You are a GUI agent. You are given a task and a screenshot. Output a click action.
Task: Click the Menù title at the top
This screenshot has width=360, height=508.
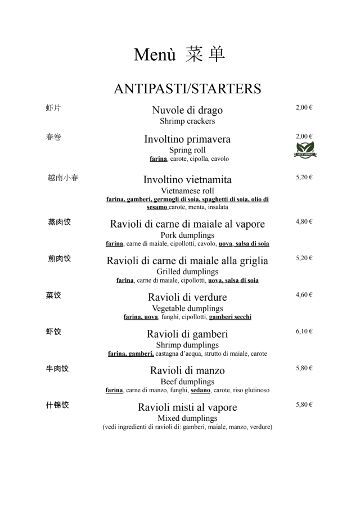179,55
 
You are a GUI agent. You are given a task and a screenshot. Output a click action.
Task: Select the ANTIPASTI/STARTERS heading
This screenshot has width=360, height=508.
187,89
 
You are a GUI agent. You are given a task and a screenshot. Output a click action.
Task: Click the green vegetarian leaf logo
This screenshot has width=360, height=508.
305,149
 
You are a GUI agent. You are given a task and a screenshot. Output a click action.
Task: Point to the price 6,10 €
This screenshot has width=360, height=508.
304,332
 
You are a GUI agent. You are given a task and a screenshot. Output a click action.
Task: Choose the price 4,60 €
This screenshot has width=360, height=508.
304,295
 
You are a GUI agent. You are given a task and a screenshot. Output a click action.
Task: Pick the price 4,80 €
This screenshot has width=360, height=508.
304,221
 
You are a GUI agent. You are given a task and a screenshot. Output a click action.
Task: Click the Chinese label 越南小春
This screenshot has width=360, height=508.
63,178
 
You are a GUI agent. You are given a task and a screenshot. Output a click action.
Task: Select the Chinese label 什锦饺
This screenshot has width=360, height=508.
57,405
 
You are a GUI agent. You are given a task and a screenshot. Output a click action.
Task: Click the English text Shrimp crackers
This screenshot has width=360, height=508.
187,121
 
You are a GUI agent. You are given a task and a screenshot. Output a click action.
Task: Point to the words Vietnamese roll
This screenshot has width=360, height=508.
187,191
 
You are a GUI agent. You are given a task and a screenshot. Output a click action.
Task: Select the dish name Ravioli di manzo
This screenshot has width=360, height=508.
187,370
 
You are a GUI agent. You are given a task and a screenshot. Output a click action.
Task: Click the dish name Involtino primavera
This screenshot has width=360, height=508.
187,139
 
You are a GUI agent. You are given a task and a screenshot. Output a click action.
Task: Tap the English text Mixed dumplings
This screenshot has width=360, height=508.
187,418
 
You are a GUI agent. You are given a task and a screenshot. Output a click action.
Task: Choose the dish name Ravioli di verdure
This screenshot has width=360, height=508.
187,297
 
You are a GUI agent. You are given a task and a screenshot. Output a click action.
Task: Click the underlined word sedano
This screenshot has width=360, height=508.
200,390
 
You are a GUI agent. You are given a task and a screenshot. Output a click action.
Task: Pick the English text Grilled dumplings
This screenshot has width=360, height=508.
187,271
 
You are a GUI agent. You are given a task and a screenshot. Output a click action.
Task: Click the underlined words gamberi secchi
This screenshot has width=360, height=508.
230,317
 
